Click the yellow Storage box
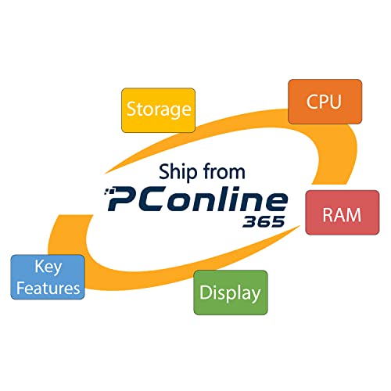click(x=158, y=110)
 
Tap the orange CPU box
click(x=325, y=102)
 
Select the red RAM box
click(x=343, y=213)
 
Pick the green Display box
click(x=231, y=292)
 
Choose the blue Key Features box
click(x=48, y=277)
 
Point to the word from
click(x=224, y=171)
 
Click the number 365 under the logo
click(x=264, y=221)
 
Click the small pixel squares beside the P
click(x=109, y=192)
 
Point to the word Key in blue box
click(x=48, y=267)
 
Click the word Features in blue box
click(x=48, y=288)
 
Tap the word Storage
click(x=159, y=109)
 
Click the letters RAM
click(x=342, y=215)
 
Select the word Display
click(x=230, y=293)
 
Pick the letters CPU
click(x=324, y=102)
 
